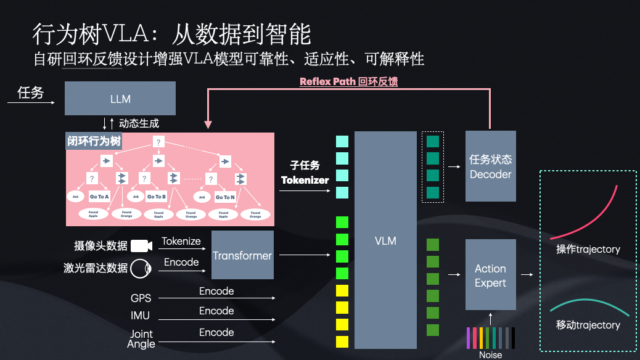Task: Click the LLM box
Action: tap(120, 99)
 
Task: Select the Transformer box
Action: tap(242, 255)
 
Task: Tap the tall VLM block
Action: tap(385, 240)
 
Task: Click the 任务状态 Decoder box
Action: tap(490, 166)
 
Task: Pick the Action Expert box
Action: tap(490, 275)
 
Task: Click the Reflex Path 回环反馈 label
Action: tap(348, 81)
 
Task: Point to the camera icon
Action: tap(141, 246)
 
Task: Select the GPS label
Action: tap(141, 298)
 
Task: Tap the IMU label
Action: tap(141, 316)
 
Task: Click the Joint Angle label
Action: tap(141, 338)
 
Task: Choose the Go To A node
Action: tap(99, 197)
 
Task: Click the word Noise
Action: tap(490, 354)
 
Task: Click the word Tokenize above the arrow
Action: tap(181, 242)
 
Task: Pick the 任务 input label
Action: tap(31, 92)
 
